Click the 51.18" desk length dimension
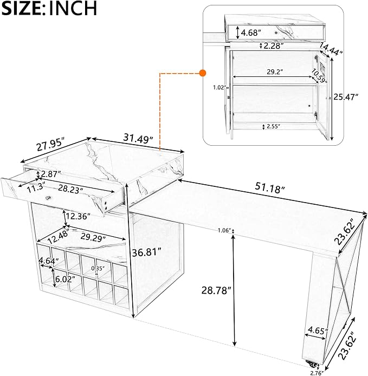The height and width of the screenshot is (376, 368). tap(270, 187)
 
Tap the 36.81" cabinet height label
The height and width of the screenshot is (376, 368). tap(146, 252)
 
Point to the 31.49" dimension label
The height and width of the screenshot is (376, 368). tap(138, 138)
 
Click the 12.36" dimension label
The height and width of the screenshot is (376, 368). tap(78, 216)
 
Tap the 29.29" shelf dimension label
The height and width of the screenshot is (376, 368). tap(93, 237)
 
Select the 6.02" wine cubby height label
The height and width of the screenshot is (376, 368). tap(65, 279)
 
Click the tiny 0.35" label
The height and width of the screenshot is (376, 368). tap(98, 268)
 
